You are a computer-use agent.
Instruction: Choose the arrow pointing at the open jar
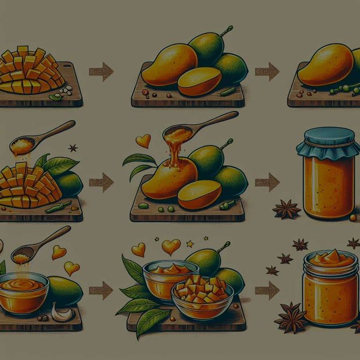tap(267, 290)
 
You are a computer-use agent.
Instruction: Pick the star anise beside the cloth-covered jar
tap(286, 209)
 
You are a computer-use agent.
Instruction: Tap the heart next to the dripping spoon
tap(143, 141)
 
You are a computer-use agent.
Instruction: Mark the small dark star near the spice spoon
tap(73, 148)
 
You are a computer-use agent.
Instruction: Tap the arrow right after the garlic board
tap(101, 290)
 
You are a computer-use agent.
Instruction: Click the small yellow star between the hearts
tap(190, 244)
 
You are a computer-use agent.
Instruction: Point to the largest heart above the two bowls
tap(171, 247)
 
